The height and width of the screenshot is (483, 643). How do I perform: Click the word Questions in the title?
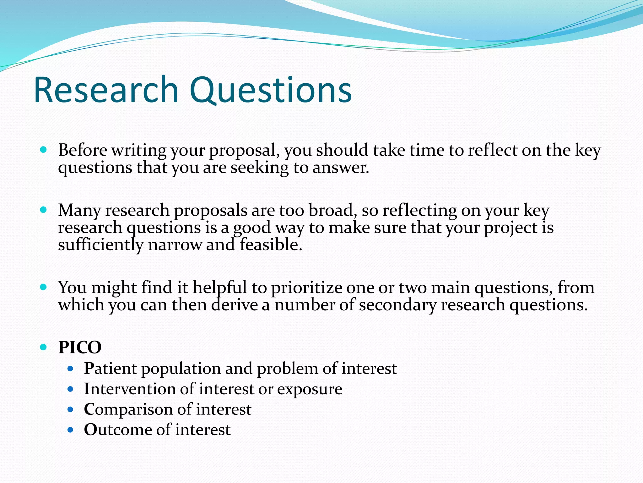270,91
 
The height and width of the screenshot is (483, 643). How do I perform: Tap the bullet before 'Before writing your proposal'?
44,150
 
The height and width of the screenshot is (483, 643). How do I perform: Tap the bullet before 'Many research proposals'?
44,210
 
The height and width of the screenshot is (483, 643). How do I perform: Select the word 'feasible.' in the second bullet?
271,245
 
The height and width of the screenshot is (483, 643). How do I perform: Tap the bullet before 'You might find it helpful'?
44,287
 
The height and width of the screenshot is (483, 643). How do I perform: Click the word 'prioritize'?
306,288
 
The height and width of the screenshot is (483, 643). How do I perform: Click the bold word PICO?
80,347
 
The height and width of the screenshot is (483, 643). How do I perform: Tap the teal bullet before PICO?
44,347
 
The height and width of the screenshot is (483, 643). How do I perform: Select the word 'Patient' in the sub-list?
110,368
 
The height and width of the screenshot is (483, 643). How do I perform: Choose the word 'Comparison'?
128,410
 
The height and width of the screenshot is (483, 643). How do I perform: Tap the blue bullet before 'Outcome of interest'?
70,430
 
